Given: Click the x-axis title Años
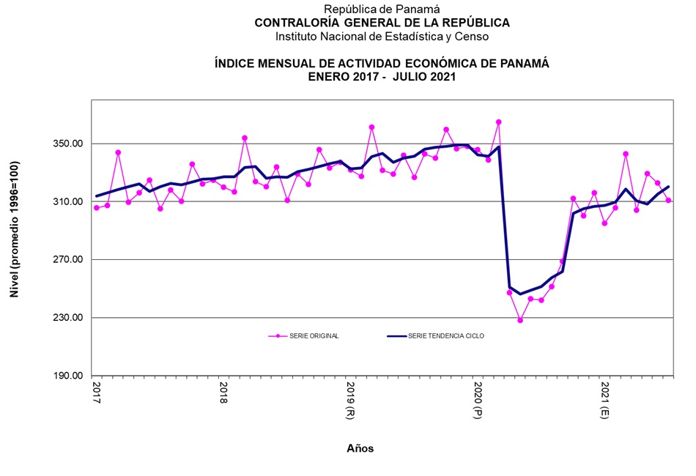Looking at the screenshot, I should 360,448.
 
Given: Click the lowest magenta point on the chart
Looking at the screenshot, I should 520,320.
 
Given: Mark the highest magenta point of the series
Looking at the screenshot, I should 499,122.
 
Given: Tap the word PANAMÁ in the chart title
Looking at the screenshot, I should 523,64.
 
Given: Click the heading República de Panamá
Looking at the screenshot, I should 382,10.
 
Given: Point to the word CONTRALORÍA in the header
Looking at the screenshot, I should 291,23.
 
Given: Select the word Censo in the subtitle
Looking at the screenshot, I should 473,36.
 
